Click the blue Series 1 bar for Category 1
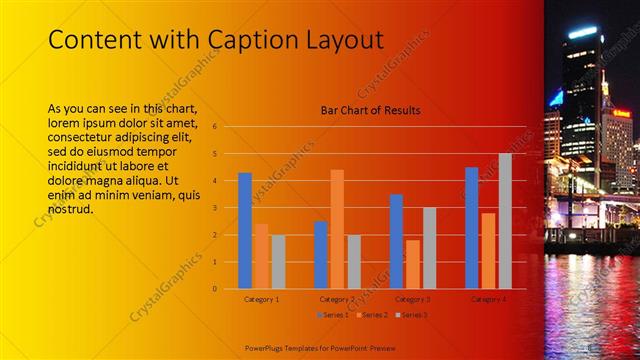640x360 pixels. point(245,231)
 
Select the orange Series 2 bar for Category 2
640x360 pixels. point(337,229)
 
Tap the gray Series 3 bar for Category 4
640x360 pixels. point(505,221)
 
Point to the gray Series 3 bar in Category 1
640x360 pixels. point(278,262)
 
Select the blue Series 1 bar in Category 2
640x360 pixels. point(321,255)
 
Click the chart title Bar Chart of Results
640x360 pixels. point(370,110)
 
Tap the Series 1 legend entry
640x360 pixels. point(332,315)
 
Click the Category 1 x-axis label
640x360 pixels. point(262,299)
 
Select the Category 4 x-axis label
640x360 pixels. point(488,299)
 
